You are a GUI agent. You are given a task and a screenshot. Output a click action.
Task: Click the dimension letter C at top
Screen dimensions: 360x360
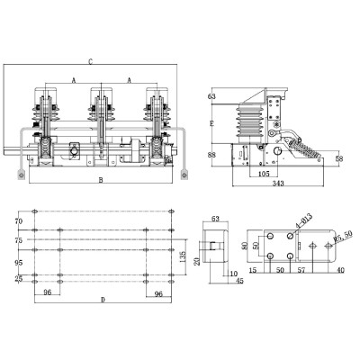click(x=92, y=60)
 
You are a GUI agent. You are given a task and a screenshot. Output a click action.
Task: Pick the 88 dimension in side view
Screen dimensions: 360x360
click(x=212, y=154)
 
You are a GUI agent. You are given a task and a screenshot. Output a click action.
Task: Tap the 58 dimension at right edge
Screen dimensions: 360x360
click(x=337, y=158)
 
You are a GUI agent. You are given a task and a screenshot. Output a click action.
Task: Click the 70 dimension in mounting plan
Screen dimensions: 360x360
click(x=18, y=220)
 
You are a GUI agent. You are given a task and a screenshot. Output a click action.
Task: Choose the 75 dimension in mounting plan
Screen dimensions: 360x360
click(x=18, y=240)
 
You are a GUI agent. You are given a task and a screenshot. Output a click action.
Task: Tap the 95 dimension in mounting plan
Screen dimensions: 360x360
click(x=18, y=264)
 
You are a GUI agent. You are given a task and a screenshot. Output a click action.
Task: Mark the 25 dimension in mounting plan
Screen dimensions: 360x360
click(x=18, y=279)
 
